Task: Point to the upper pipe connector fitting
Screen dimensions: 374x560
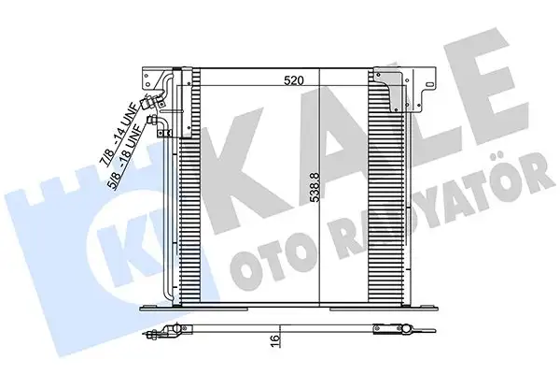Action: (x=150, y=106)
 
